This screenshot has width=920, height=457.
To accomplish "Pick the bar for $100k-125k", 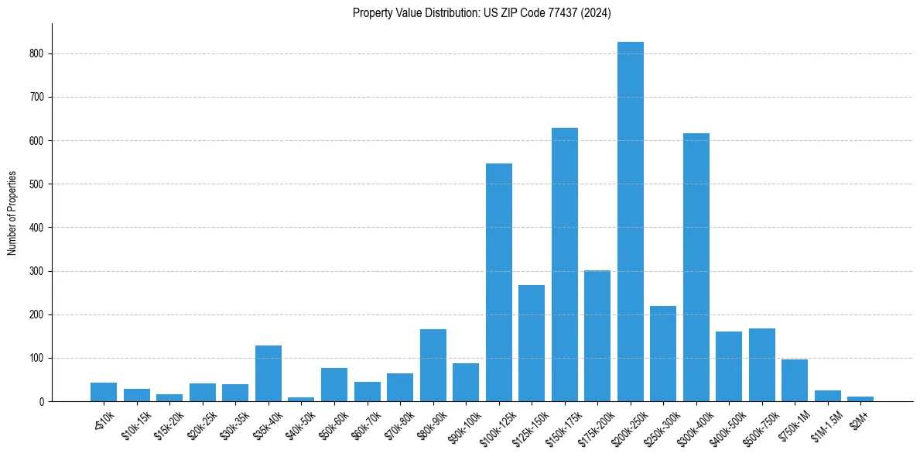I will click(498, 283).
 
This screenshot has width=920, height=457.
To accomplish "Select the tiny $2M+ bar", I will click(860, 399).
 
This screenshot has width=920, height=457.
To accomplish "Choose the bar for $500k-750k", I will click(761, 365).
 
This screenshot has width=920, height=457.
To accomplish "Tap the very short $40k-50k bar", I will click(301, 399).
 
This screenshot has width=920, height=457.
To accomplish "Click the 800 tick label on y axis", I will click(38, 53).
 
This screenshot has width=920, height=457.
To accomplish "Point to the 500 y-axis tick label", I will click(38, 184).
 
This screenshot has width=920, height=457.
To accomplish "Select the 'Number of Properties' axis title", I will click(12, 213).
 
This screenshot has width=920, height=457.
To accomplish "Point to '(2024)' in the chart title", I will click(597, 12).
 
